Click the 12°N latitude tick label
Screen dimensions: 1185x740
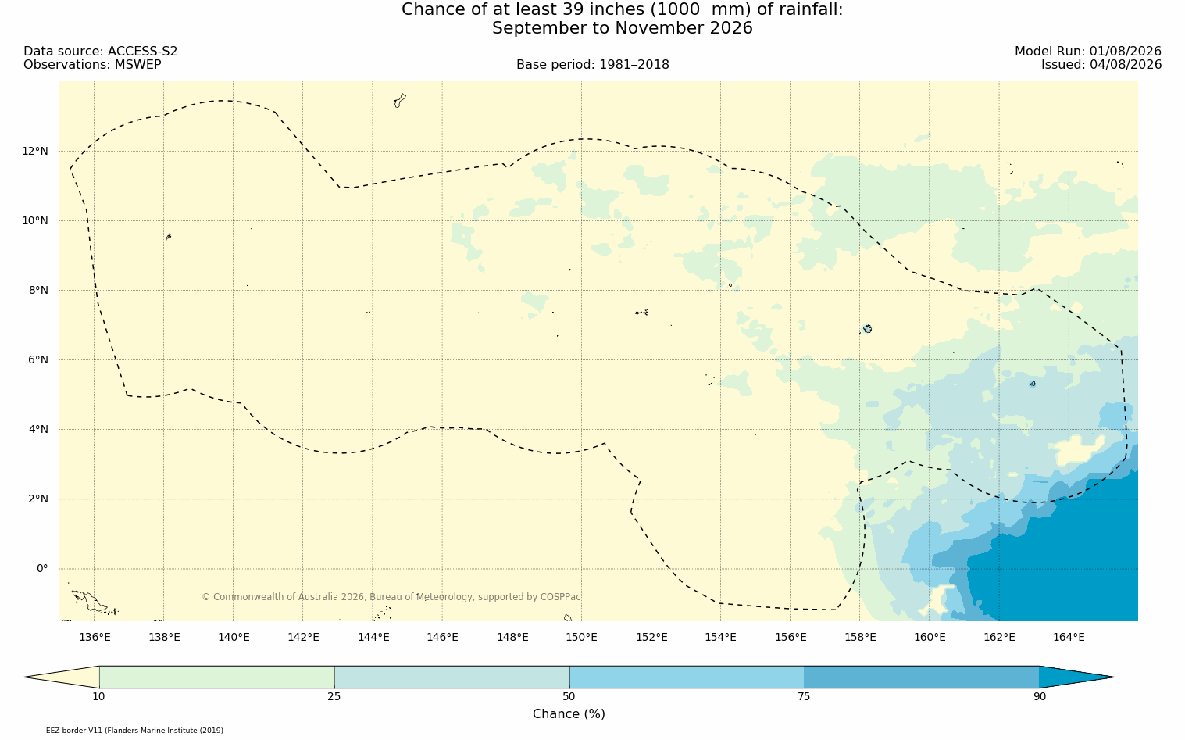tap(35, 152)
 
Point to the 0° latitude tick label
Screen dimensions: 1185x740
tap(42, 569)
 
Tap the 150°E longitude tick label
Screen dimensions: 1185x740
tap(581, 638)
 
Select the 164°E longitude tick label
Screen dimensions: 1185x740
tap(1069, 638)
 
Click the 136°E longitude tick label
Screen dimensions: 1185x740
tap(95, 638)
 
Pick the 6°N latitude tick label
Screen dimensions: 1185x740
tap(37, 360)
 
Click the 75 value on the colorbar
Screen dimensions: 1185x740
tap(804, 696)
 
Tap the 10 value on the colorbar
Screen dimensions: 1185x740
tap(99, 696)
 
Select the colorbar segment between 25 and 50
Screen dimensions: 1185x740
tap(452, 677)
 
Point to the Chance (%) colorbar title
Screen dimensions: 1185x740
tap(569, 714)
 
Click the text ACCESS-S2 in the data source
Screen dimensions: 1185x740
tap(142, 52)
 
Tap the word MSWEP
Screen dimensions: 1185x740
tap(138, 65)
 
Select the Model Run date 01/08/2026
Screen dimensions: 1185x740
tap(1125, 52)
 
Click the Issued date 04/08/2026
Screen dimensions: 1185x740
tap(1125, 65)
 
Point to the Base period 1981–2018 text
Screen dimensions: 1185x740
tap(592, 65)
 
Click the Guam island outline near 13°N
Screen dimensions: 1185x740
tap(400, 101)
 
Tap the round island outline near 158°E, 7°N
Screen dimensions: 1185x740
tap(867, 329)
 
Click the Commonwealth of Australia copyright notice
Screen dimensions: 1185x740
tap(391, 597)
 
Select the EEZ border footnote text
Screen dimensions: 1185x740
tap(123, 731)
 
